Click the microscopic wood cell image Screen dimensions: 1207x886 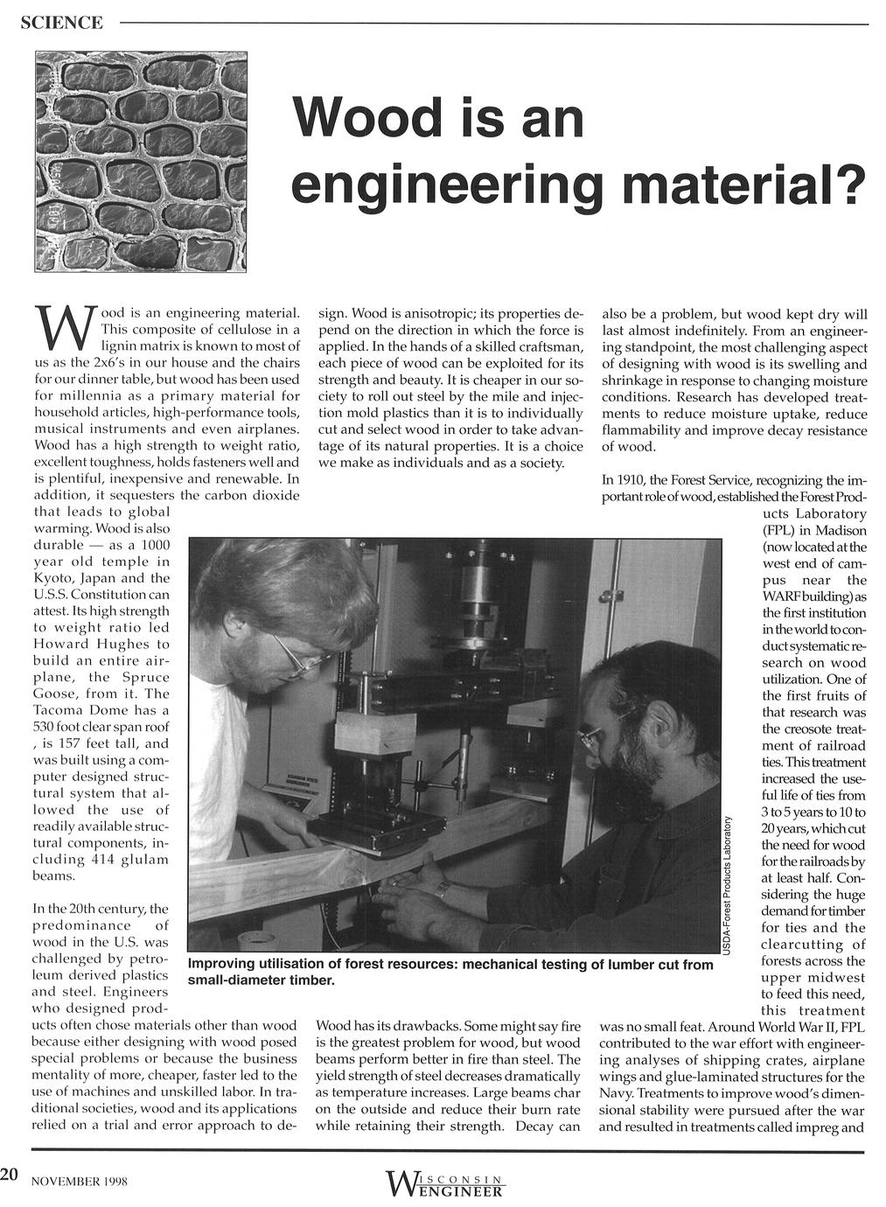click(142, 162)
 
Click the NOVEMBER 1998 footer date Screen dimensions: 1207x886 click(80, 1181)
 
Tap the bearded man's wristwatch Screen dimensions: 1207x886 click(443, 890)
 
